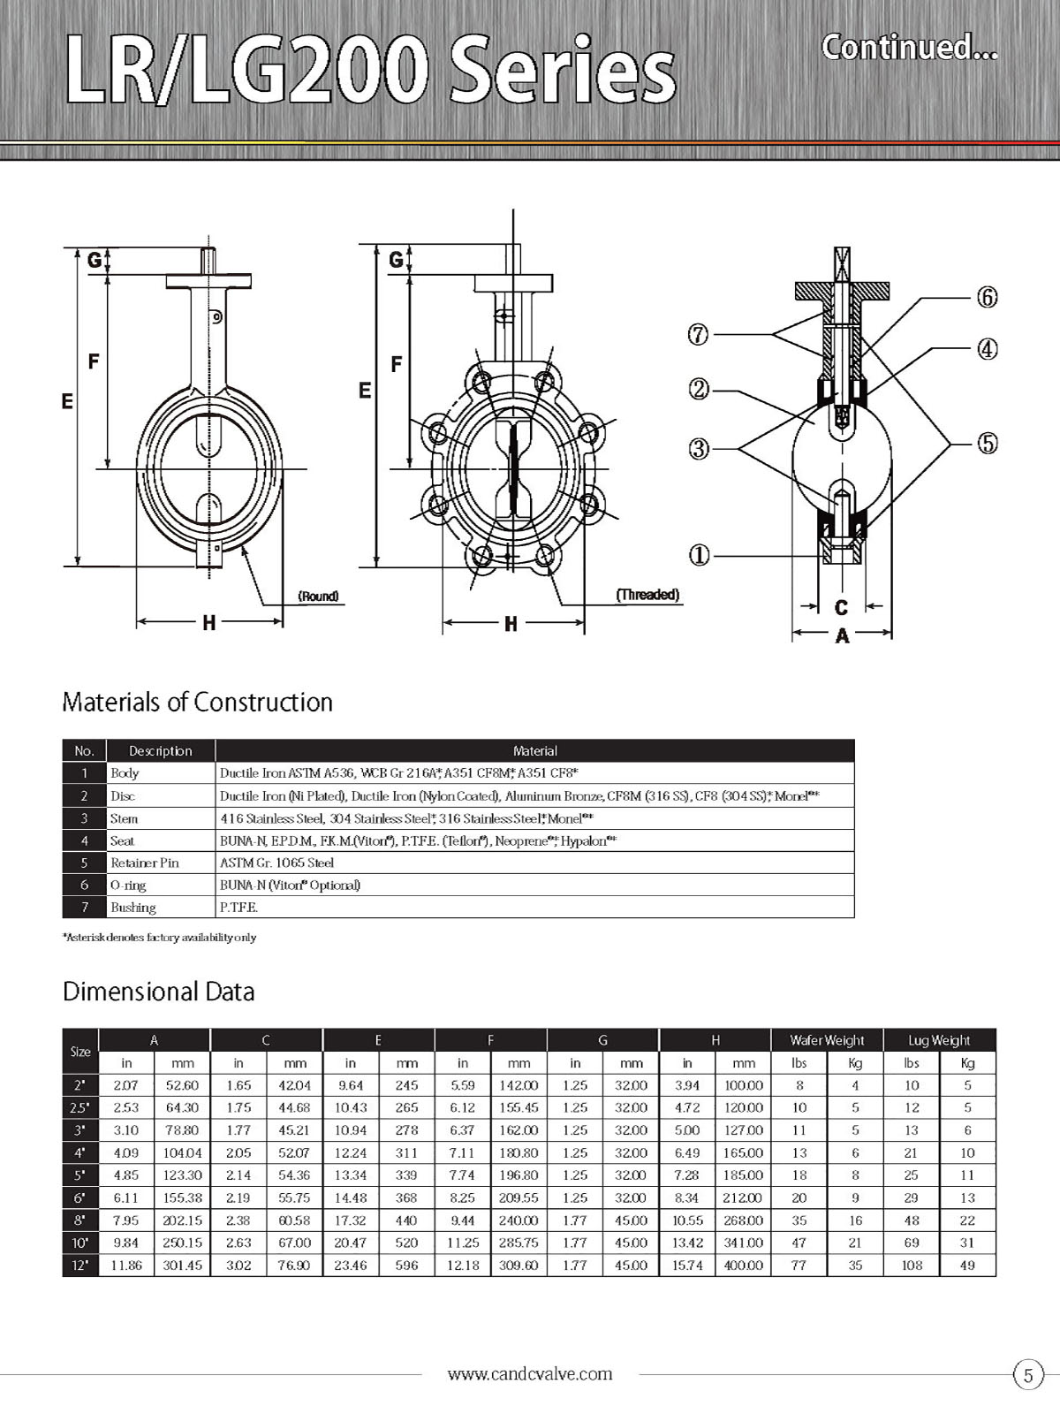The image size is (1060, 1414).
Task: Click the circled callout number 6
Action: point(987,297)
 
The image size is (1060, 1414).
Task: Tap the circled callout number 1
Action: point(699,555)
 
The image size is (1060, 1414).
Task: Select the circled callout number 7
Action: point(699,335)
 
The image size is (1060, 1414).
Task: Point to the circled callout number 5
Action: point(987,443)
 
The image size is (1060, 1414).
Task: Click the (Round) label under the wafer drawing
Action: point(318,597)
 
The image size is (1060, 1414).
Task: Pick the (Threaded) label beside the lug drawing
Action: point(647,595)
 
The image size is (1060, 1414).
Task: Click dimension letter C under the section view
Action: point(841,607)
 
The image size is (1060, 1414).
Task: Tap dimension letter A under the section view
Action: point(842,635)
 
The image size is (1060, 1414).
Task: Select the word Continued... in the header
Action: point(909,47)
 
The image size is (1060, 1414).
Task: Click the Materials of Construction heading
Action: point(198,703)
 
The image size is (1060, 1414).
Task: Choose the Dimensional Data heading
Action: point(159,992)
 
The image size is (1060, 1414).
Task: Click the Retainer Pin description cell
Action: point(144,863)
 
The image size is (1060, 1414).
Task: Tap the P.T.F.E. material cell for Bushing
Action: point(238,908)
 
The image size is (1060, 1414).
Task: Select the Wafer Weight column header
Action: point(827,1040)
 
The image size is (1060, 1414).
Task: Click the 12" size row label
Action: point(80,1266)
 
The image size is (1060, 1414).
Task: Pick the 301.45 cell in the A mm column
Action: point(182,1266)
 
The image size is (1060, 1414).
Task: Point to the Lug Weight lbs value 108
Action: point(912,1266)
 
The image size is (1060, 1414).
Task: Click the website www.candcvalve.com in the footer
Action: point(530,1373)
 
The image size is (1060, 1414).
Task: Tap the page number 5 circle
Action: point(1027,1375)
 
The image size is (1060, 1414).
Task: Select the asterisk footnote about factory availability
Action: point(159,937)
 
